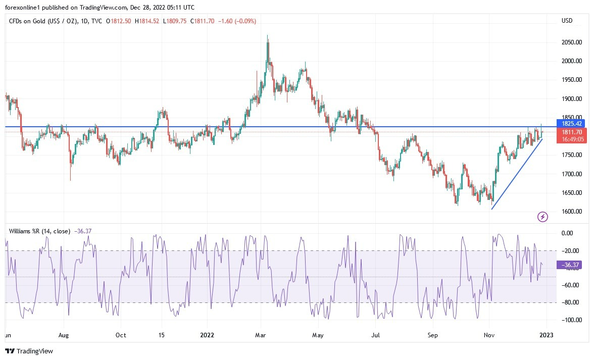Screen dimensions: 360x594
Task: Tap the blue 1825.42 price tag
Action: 572,123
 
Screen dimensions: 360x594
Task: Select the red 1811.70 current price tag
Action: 572,132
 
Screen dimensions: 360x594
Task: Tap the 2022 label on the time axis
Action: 208,335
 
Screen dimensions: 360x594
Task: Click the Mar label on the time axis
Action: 261,335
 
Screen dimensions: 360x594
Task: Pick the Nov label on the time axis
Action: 489,335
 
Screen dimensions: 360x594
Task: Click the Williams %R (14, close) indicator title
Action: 40,231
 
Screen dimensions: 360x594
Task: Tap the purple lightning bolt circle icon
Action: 542,217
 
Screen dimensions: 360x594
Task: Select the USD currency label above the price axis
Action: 567,21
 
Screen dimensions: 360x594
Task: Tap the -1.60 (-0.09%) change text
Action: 237,21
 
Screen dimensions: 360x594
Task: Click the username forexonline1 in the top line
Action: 22,8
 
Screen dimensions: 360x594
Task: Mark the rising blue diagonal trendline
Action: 516,174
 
